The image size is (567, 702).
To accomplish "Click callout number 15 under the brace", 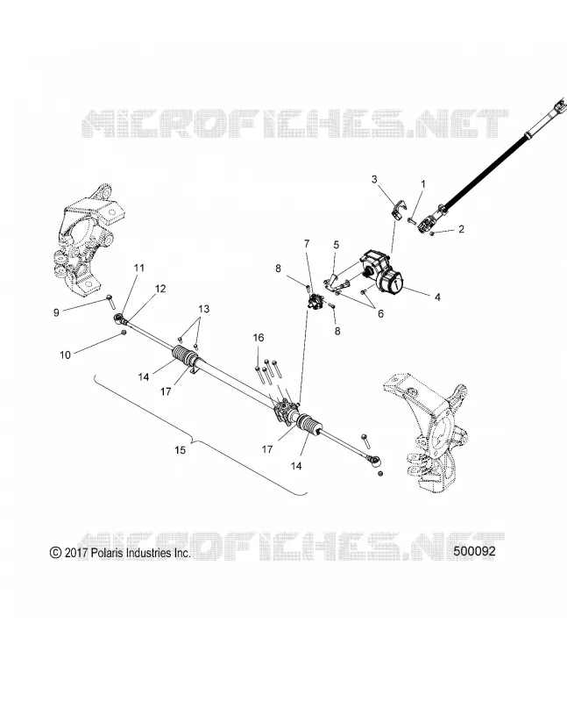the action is pyautogui.click(x=180, y=449).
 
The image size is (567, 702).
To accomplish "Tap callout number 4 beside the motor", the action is pyautogui.click(x=437, y=297).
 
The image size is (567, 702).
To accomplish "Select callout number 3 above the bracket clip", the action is pyautogui.click(x=374, y=179).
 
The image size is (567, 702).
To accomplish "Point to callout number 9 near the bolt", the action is pyautogui.click(x=56, y=312).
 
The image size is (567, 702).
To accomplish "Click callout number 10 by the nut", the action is pyautogui.click(x=65, y=355).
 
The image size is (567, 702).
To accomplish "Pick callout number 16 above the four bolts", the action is pyautogui.click(x=259, y=338).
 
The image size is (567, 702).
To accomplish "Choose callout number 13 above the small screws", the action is pyautogui.click(x=203, y=309).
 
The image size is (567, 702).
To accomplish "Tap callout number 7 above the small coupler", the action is pyautogui.click(x=307, y=244).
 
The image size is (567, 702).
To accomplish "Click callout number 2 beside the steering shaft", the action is pyautogui.click(x=461, y=229).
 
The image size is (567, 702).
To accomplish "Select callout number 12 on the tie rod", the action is pyautogui.click(x=160, y=289).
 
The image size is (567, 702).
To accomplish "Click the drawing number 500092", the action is pyautogui.click(x=474, y=551).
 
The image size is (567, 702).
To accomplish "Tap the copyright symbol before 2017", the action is pyautogui.click(x=55, y=553).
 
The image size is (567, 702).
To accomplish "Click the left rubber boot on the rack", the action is pyautogui.click(x=184, y=357).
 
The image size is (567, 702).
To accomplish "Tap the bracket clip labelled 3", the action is pyautogui.click(x=399, y=210).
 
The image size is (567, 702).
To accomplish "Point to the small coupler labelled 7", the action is pyautogui.click(x=315, y=299).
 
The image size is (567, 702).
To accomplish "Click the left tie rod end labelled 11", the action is pyautogui.click(x=119, y=319).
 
